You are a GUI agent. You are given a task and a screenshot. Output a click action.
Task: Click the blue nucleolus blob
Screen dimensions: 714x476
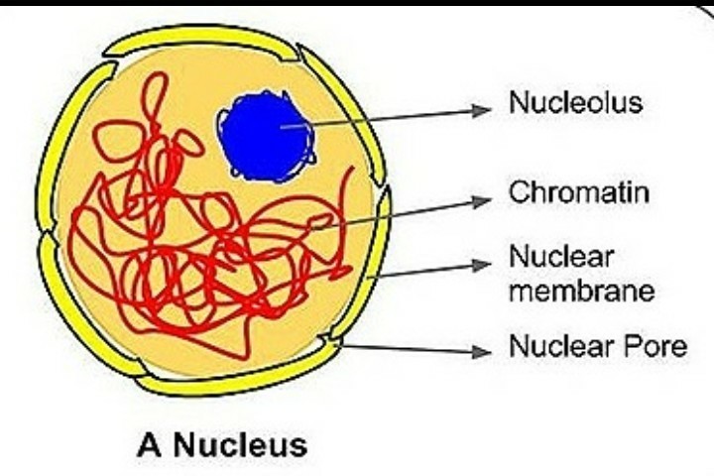(x=266, y=137)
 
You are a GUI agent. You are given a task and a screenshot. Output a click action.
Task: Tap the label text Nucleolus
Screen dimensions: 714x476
(x=575, y=102)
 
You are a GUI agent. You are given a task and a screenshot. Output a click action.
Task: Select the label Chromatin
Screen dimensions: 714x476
(x=579, y=192)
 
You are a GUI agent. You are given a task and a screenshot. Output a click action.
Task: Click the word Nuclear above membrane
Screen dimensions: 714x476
(x=561, y=257)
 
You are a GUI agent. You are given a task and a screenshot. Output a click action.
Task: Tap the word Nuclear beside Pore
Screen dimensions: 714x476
(x=561, y=346)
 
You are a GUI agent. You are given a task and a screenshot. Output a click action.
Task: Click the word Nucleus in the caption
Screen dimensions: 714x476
(x=240, y=444)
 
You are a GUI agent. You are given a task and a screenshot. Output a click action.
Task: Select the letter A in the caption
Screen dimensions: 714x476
(x=150, y=444)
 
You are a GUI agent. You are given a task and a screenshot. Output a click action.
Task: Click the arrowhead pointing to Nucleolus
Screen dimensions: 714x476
(x=482, y=110)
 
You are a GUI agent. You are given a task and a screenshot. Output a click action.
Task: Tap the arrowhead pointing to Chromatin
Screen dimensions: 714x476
(x=482, y=200)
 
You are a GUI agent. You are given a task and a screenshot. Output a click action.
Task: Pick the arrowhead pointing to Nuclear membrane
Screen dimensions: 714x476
(x=482, y=264)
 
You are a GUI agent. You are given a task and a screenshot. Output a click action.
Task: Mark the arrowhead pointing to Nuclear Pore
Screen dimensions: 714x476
(x=482, y=351)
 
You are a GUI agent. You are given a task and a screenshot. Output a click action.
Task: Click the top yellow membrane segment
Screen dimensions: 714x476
(x=200, y=36)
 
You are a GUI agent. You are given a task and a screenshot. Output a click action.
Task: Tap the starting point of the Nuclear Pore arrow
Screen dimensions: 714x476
(x=341, y=346)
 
